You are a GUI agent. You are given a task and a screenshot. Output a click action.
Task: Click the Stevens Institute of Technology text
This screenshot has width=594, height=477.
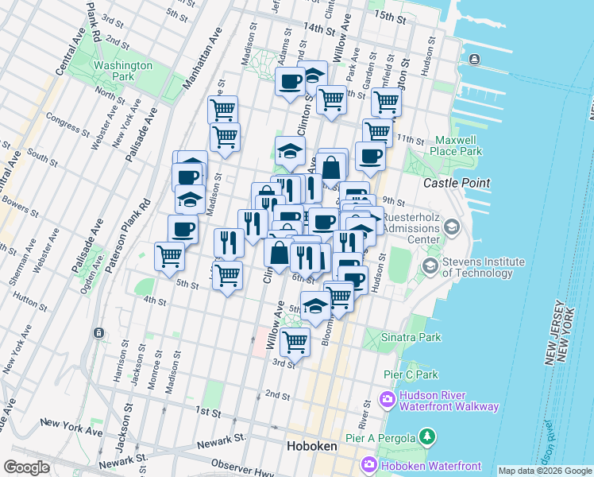tap(483, 267)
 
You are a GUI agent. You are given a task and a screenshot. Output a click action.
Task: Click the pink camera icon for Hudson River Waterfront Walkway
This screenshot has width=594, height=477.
tap(388, 400)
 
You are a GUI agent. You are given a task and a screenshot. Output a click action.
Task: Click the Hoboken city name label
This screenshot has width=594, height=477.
tap(311, 446)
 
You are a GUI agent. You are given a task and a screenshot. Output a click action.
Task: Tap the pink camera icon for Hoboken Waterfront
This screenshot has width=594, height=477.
tap(369, 464)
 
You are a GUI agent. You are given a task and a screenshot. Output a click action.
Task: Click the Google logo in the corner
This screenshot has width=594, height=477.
tap(26, 467)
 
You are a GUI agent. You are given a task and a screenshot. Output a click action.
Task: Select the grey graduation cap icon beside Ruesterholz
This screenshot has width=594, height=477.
tap(452, 228)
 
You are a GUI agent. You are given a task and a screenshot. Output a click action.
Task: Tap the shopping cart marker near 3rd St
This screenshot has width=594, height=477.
tap(295, 342)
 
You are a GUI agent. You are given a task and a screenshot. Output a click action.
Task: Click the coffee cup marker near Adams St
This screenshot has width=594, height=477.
tap(290, 80)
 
